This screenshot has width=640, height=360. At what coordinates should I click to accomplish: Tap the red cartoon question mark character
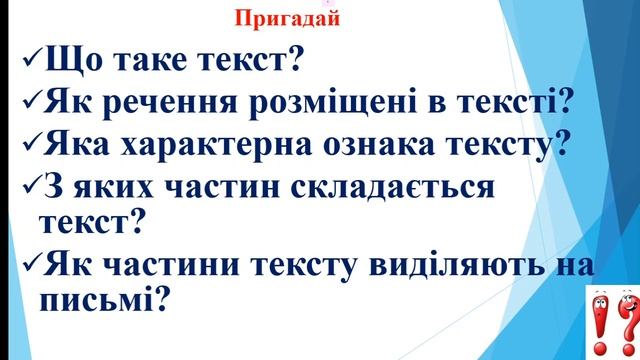tap(625, 320)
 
